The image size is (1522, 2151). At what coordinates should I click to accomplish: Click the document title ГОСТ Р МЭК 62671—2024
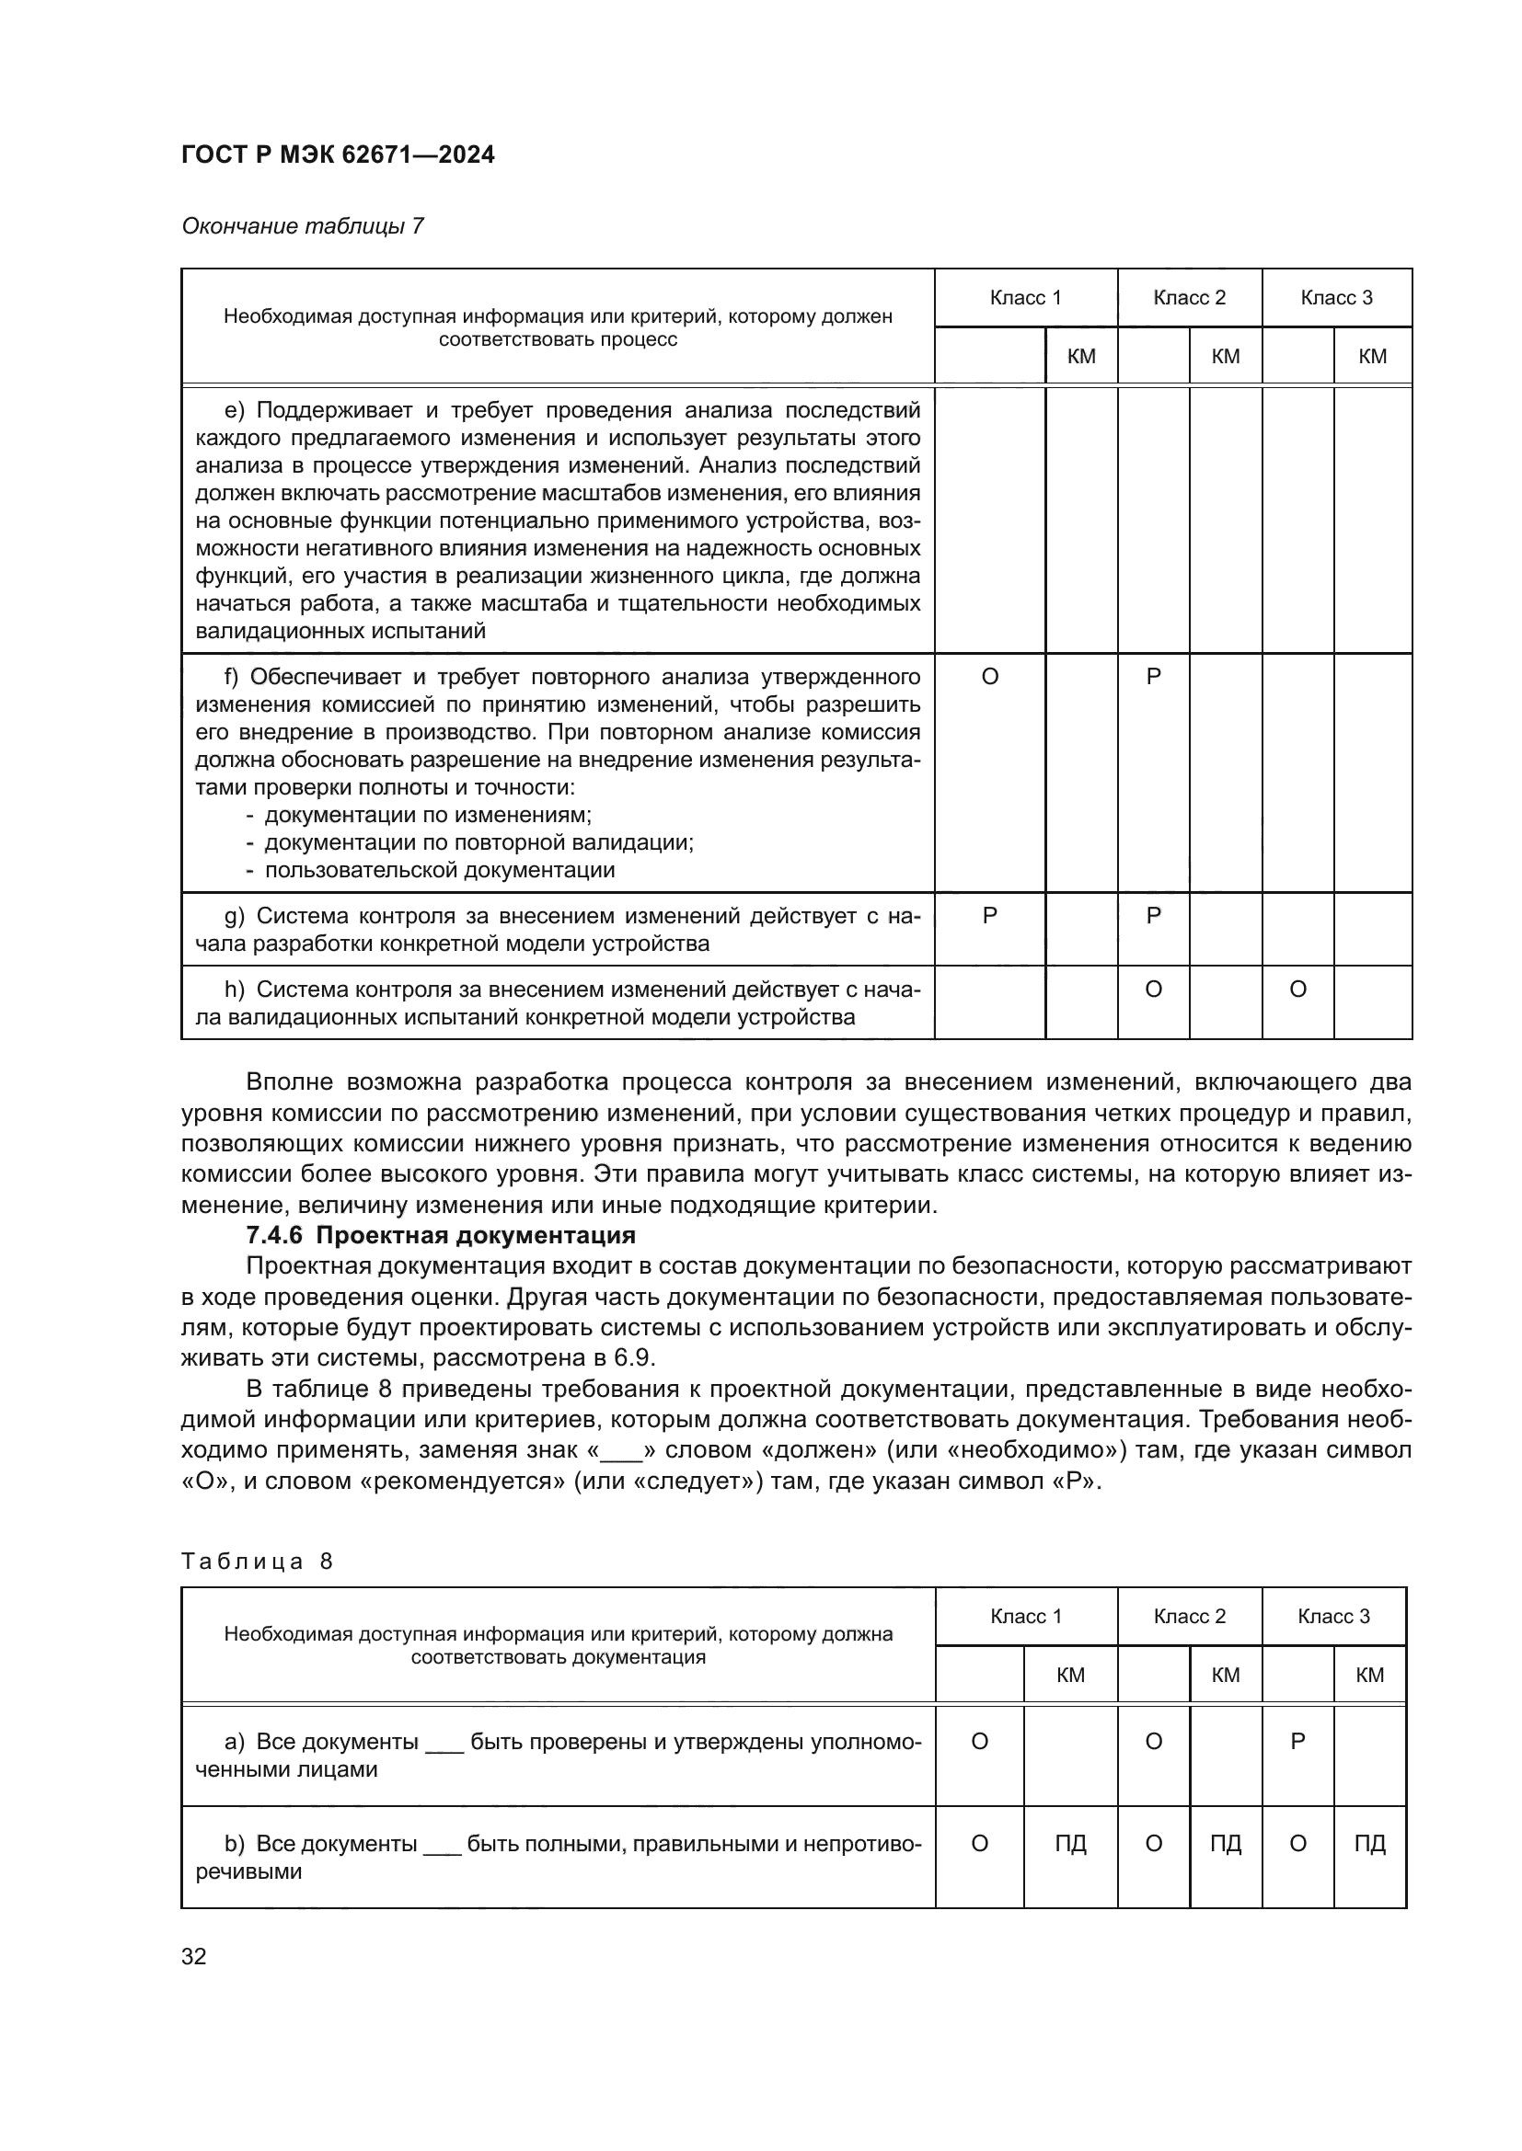pyautogui.click(x=338, y=155)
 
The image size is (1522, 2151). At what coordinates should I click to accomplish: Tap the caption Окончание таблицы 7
pyautogui.click(x=302, y=226)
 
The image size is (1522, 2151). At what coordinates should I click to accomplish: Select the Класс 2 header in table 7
pyautogui.click(x=1188, y=298)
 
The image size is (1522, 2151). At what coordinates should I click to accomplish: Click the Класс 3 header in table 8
pyautogui.click(x=1332, y=1616)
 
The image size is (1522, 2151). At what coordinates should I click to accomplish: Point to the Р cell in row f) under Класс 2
pyautogui.click(x=1153, y=677)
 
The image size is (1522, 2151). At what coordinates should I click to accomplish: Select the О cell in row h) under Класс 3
pyautogui.click(x=1297, y=990)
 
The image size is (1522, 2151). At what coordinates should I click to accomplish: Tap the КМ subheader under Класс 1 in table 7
pyautogui.click(x=1080, y=356)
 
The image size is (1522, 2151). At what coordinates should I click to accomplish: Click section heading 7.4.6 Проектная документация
pyautogui.click(x=441, y=1235)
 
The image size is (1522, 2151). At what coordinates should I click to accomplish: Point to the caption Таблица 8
pyautogui.click(x=257, y=1561)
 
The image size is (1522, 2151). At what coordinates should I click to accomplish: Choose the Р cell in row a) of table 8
pyautogui.click(x=1297, y=1742)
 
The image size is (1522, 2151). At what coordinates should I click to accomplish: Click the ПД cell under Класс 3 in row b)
pyautogui.click(x=1369, y=1844)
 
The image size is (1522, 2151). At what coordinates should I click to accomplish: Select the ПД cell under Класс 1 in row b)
pyautogui.click(x=1070, y=1844)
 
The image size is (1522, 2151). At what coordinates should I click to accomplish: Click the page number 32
pyautogui.click(x=194, y=1956)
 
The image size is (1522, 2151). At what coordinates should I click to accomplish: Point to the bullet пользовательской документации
pyautogui.click(x=439, y=869)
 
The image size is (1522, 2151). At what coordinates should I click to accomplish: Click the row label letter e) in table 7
pyautogui.click(x=234, y=410)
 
